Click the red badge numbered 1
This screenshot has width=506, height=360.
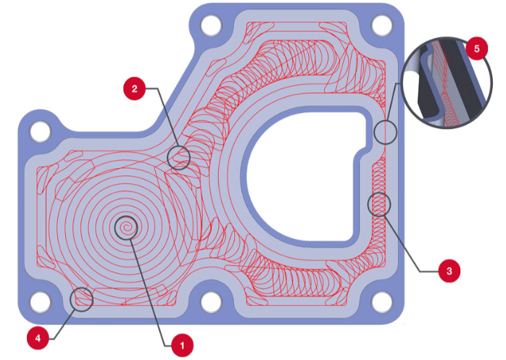[x=183, y=346]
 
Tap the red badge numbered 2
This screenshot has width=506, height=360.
[x=135, y=88]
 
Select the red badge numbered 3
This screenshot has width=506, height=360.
[x=449, y=271]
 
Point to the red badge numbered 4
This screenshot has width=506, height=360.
[x=38, y=338]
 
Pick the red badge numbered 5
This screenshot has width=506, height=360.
[x=476, y=49]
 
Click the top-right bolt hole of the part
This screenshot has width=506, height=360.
[x=382, y=25]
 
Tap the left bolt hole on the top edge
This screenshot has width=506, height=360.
[x=211, y=25]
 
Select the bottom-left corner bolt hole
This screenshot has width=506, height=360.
[x=41, y=302]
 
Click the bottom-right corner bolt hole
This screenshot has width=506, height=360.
[x=382, y=302]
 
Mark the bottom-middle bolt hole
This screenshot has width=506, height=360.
[x=211, y=302]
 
